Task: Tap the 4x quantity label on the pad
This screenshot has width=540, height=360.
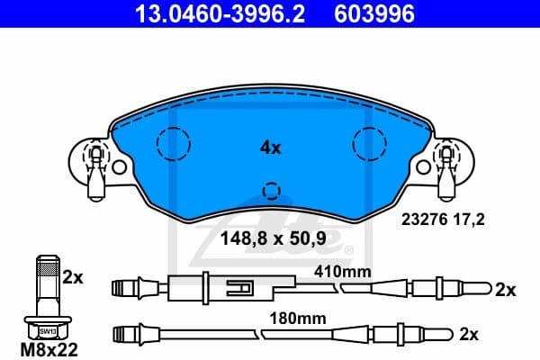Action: (x=269, y=147)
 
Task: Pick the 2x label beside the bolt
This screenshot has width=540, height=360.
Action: (x=73, y=278)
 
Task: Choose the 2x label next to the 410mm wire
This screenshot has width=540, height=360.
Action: (x=505, y=289)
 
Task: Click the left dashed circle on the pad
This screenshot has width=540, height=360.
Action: (x=173, y=142)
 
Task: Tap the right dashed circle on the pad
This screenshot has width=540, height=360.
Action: (x=369, y=142)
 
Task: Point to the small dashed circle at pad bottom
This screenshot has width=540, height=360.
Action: (x=270, y=190)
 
